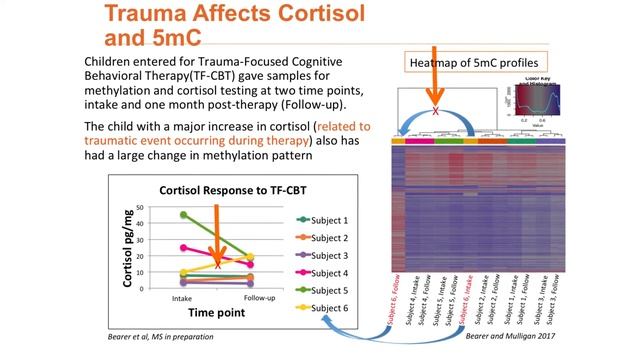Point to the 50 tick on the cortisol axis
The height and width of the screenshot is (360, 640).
(x=138, y=208)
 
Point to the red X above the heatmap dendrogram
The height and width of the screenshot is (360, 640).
(x=434, y=111)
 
